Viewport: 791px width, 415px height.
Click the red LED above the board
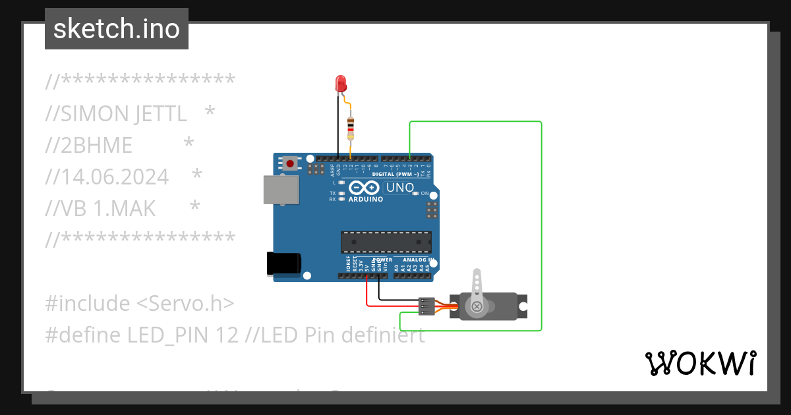[x=341, y=84]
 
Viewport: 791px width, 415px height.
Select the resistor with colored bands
[x=351, y=126]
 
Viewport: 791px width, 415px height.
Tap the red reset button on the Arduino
[x=290, y=162]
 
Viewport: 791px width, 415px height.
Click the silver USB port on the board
[x=279, y=189]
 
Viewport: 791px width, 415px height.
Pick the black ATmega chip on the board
[x=386, y=242]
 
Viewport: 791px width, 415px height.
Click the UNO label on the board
[x=400, y=188]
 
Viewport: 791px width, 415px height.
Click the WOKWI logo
[x=700, y=363]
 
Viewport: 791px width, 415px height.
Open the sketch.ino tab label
[x=117, y=29]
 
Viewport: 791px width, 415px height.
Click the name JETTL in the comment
[x=161, y=114]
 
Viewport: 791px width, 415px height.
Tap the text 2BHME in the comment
[x=96, y=146]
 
